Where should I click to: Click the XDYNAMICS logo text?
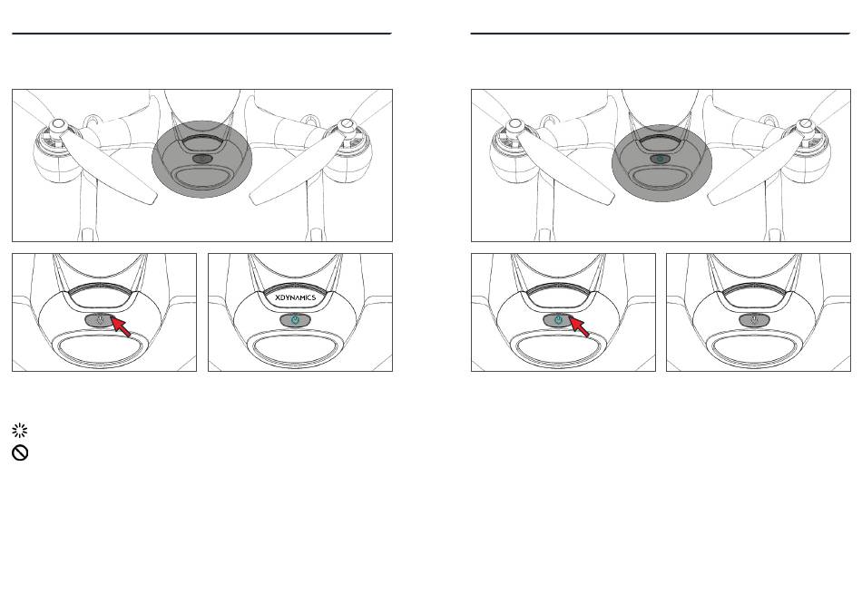295,297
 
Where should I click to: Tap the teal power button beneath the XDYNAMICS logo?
296,320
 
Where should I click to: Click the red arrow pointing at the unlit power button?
121,326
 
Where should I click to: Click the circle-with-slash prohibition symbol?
20,453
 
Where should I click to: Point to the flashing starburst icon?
20,430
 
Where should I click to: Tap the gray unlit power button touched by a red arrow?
100,320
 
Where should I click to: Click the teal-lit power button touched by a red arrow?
559,320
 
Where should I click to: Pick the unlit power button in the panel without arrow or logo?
754,320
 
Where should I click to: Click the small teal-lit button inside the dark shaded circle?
661,159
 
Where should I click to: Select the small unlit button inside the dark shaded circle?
202,159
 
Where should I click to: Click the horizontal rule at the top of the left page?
201,34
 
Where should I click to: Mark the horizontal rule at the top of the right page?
661,34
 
